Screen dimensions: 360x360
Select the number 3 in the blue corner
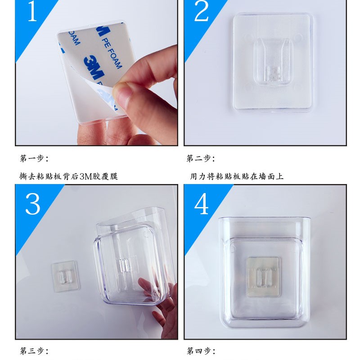coord(32,204)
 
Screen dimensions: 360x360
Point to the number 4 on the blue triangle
coord(201,204)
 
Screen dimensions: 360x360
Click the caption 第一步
coord(34,158)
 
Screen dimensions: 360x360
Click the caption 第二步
coord(201,158)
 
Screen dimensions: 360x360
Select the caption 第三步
coord(34,351)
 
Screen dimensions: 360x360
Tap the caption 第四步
coord(201,351)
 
